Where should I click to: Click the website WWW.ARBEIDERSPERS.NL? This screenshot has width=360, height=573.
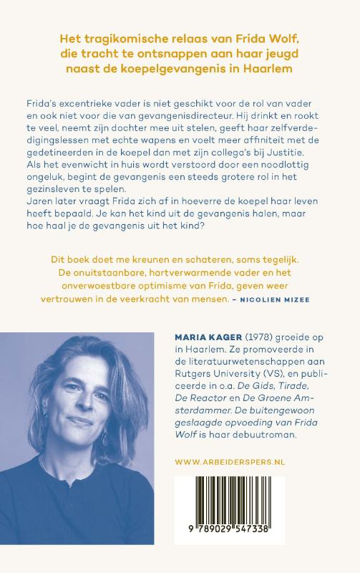[229, 463]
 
